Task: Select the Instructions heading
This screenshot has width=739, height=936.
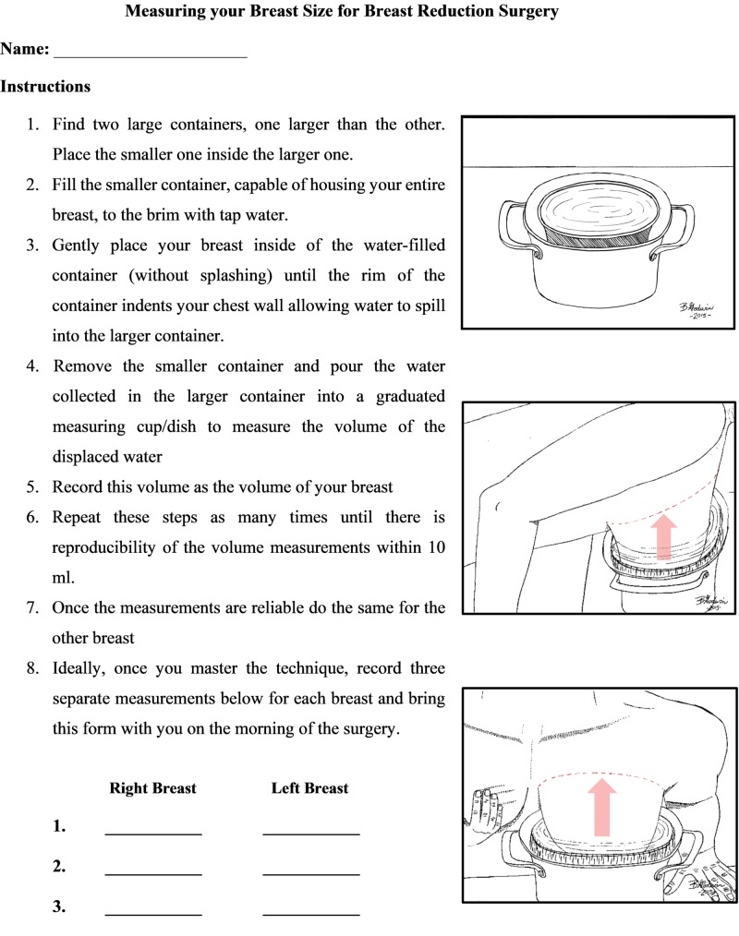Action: tap(45, 87)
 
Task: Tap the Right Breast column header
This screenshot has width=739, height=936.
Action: tap(152, 788)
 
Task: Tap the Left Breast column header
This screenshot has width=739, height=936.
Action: tap(309, 788)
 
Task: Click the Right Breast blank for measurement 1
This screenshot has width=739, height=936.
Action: tap(153, 831)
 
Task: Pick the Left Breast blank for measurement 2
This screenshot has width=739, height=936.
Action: tap(311, 871)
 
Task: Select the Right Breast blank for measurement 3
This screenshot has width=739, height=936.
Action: tap(153, 912)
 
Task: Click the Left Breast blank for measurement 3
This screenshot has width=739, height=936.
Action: tap(311, 912)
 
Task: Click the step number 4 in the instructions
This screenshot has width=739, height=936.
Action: tap(32, 366)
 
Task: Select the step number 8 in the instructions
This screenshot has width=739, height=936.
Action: tap(32, 668)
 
